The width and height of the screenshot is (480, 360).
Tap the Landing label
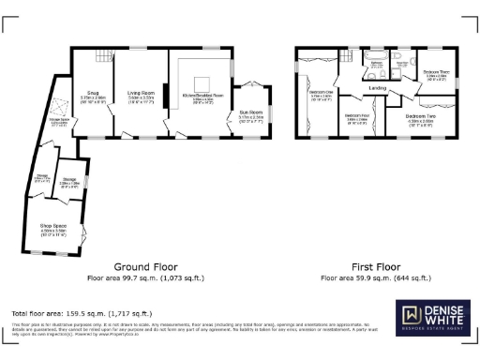click(x=378, y=89)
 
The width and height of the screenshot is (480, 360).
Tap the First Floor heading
click(x=375, y=267)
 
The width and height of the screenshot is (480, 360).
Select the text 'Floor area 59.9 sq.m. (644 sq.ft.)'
click(x=375, y=278)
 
